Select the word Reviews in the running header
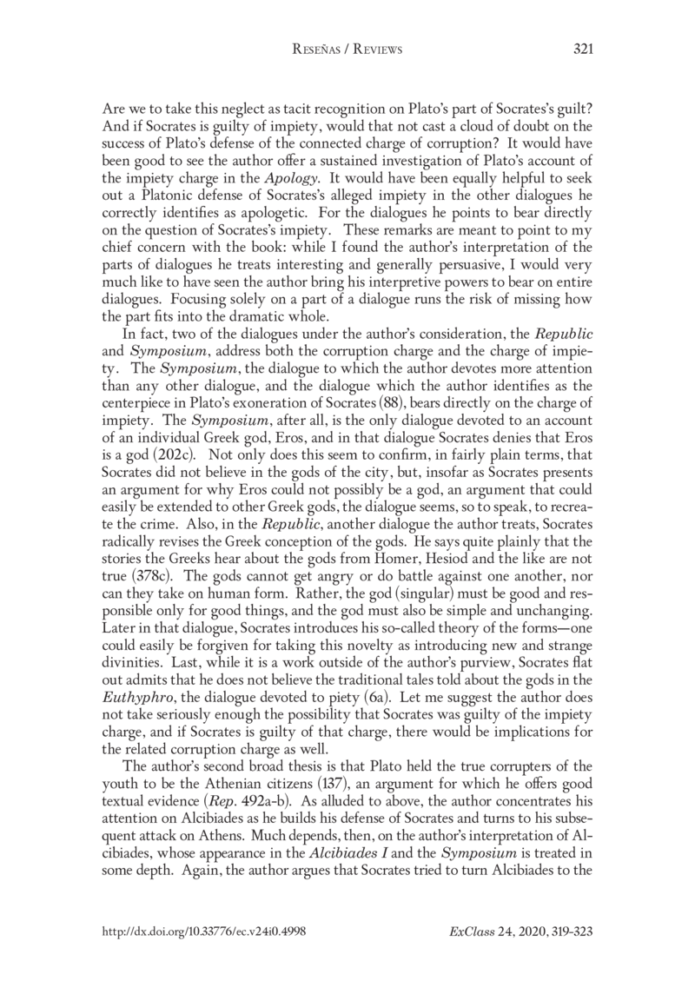point(376,50)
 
